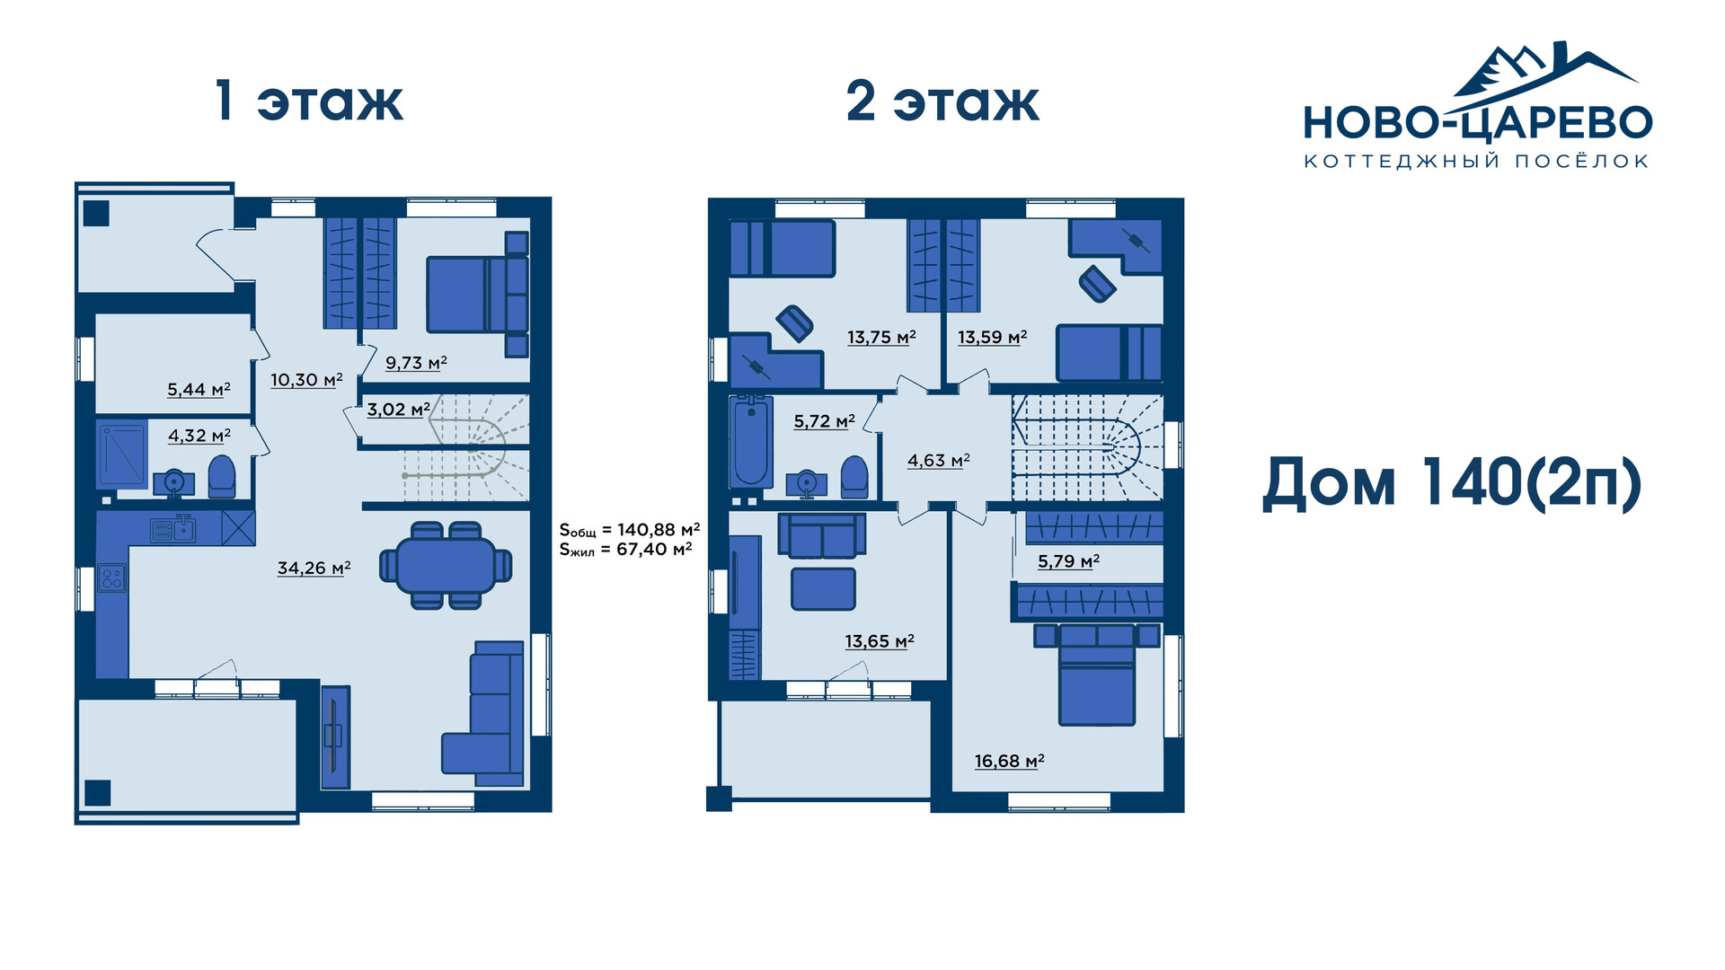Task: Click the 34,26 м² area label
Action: coord(314,568)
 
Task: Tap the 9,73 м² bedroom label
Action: coord(416,363)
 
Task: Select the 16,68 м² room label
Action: coord(1009,761)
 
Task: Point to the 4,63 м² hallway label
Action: coord(938,461)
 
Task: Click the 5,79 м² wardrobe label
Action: coord(1068,561)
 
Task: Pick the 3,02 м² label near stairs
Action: coord(398,410)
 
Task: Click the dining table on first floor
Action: coord(446,566)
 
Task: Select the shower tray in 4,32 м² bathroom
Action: coord(121,454)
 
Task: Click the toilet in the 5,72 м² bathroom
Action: coord(854,478)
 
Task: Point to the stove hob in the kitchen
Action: coord(112,578)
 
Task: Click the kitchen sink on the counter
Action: coord(173,530)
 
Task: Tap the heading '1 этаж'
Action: coord(309,101)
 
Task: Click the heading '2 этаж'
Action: coord(942,101)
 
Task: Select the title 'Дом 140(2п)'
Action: coord(1452,483)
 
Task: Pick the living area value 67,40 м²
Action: coord(654,549)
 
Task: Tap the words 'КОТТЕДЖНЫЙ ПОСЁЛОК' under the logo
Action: coord(1476,162)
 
